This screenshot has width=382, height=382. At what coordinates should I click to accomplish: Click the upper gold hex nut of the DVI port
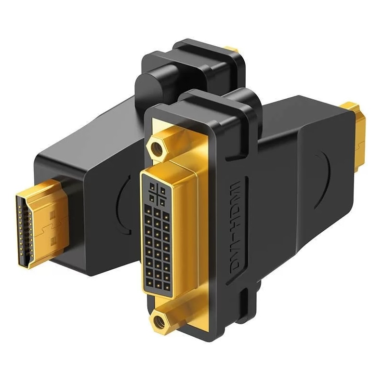click(156, 148)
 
